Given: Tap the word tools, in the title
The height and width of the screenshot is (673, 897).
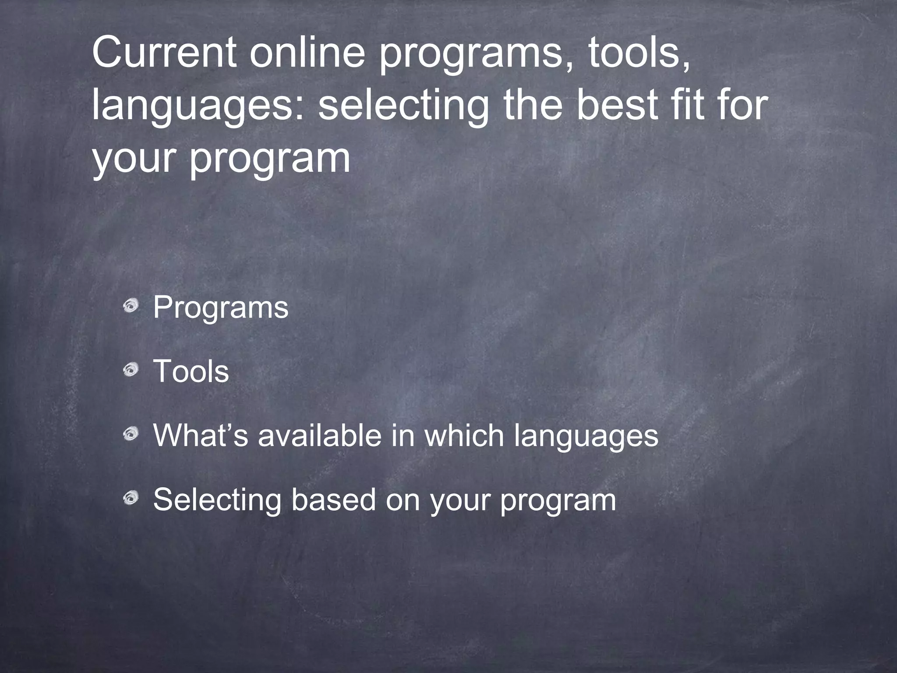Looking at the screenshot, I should tap(639, 53).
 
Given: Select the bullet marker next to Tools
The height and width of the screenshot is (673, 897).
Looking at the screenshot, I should tap(130, 371).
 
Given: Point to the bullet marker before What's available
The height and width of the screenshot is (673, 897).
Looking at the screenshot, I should tap(130, 435).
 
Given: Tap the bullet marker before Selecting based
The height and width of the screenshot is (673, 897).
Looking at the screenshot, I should tap(130, 498).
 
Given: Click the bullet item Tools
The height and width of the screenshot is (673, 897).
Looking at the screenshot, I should tap(191, 371).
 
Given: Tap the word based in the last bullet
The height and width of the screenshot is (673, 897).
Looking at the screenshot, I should tap(333, 499).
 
